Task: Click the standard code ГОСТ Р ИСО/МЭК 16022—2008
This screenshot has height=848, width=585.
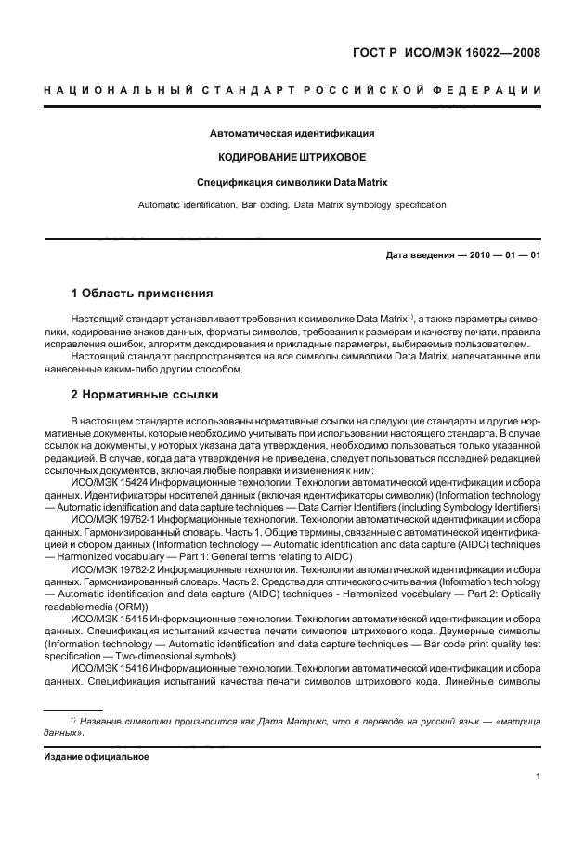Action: click(448, 53)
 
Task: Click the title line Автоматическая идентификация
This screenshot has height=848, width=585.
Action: click(292, 133)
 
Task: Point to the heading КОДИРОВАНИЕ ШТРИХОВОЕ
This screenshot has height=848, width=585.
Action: click(292, 157)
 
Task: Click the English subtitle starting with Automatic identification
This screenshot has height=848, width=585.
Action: click(292, 203)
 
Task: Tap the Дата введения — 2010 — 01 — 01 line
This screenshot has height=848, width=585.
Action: click(462, 255)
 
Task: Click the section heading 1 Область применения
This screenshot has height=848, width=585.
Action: click(142, 294)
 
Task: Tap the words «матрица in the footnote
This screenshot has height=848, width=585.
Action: click(517, 721)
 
